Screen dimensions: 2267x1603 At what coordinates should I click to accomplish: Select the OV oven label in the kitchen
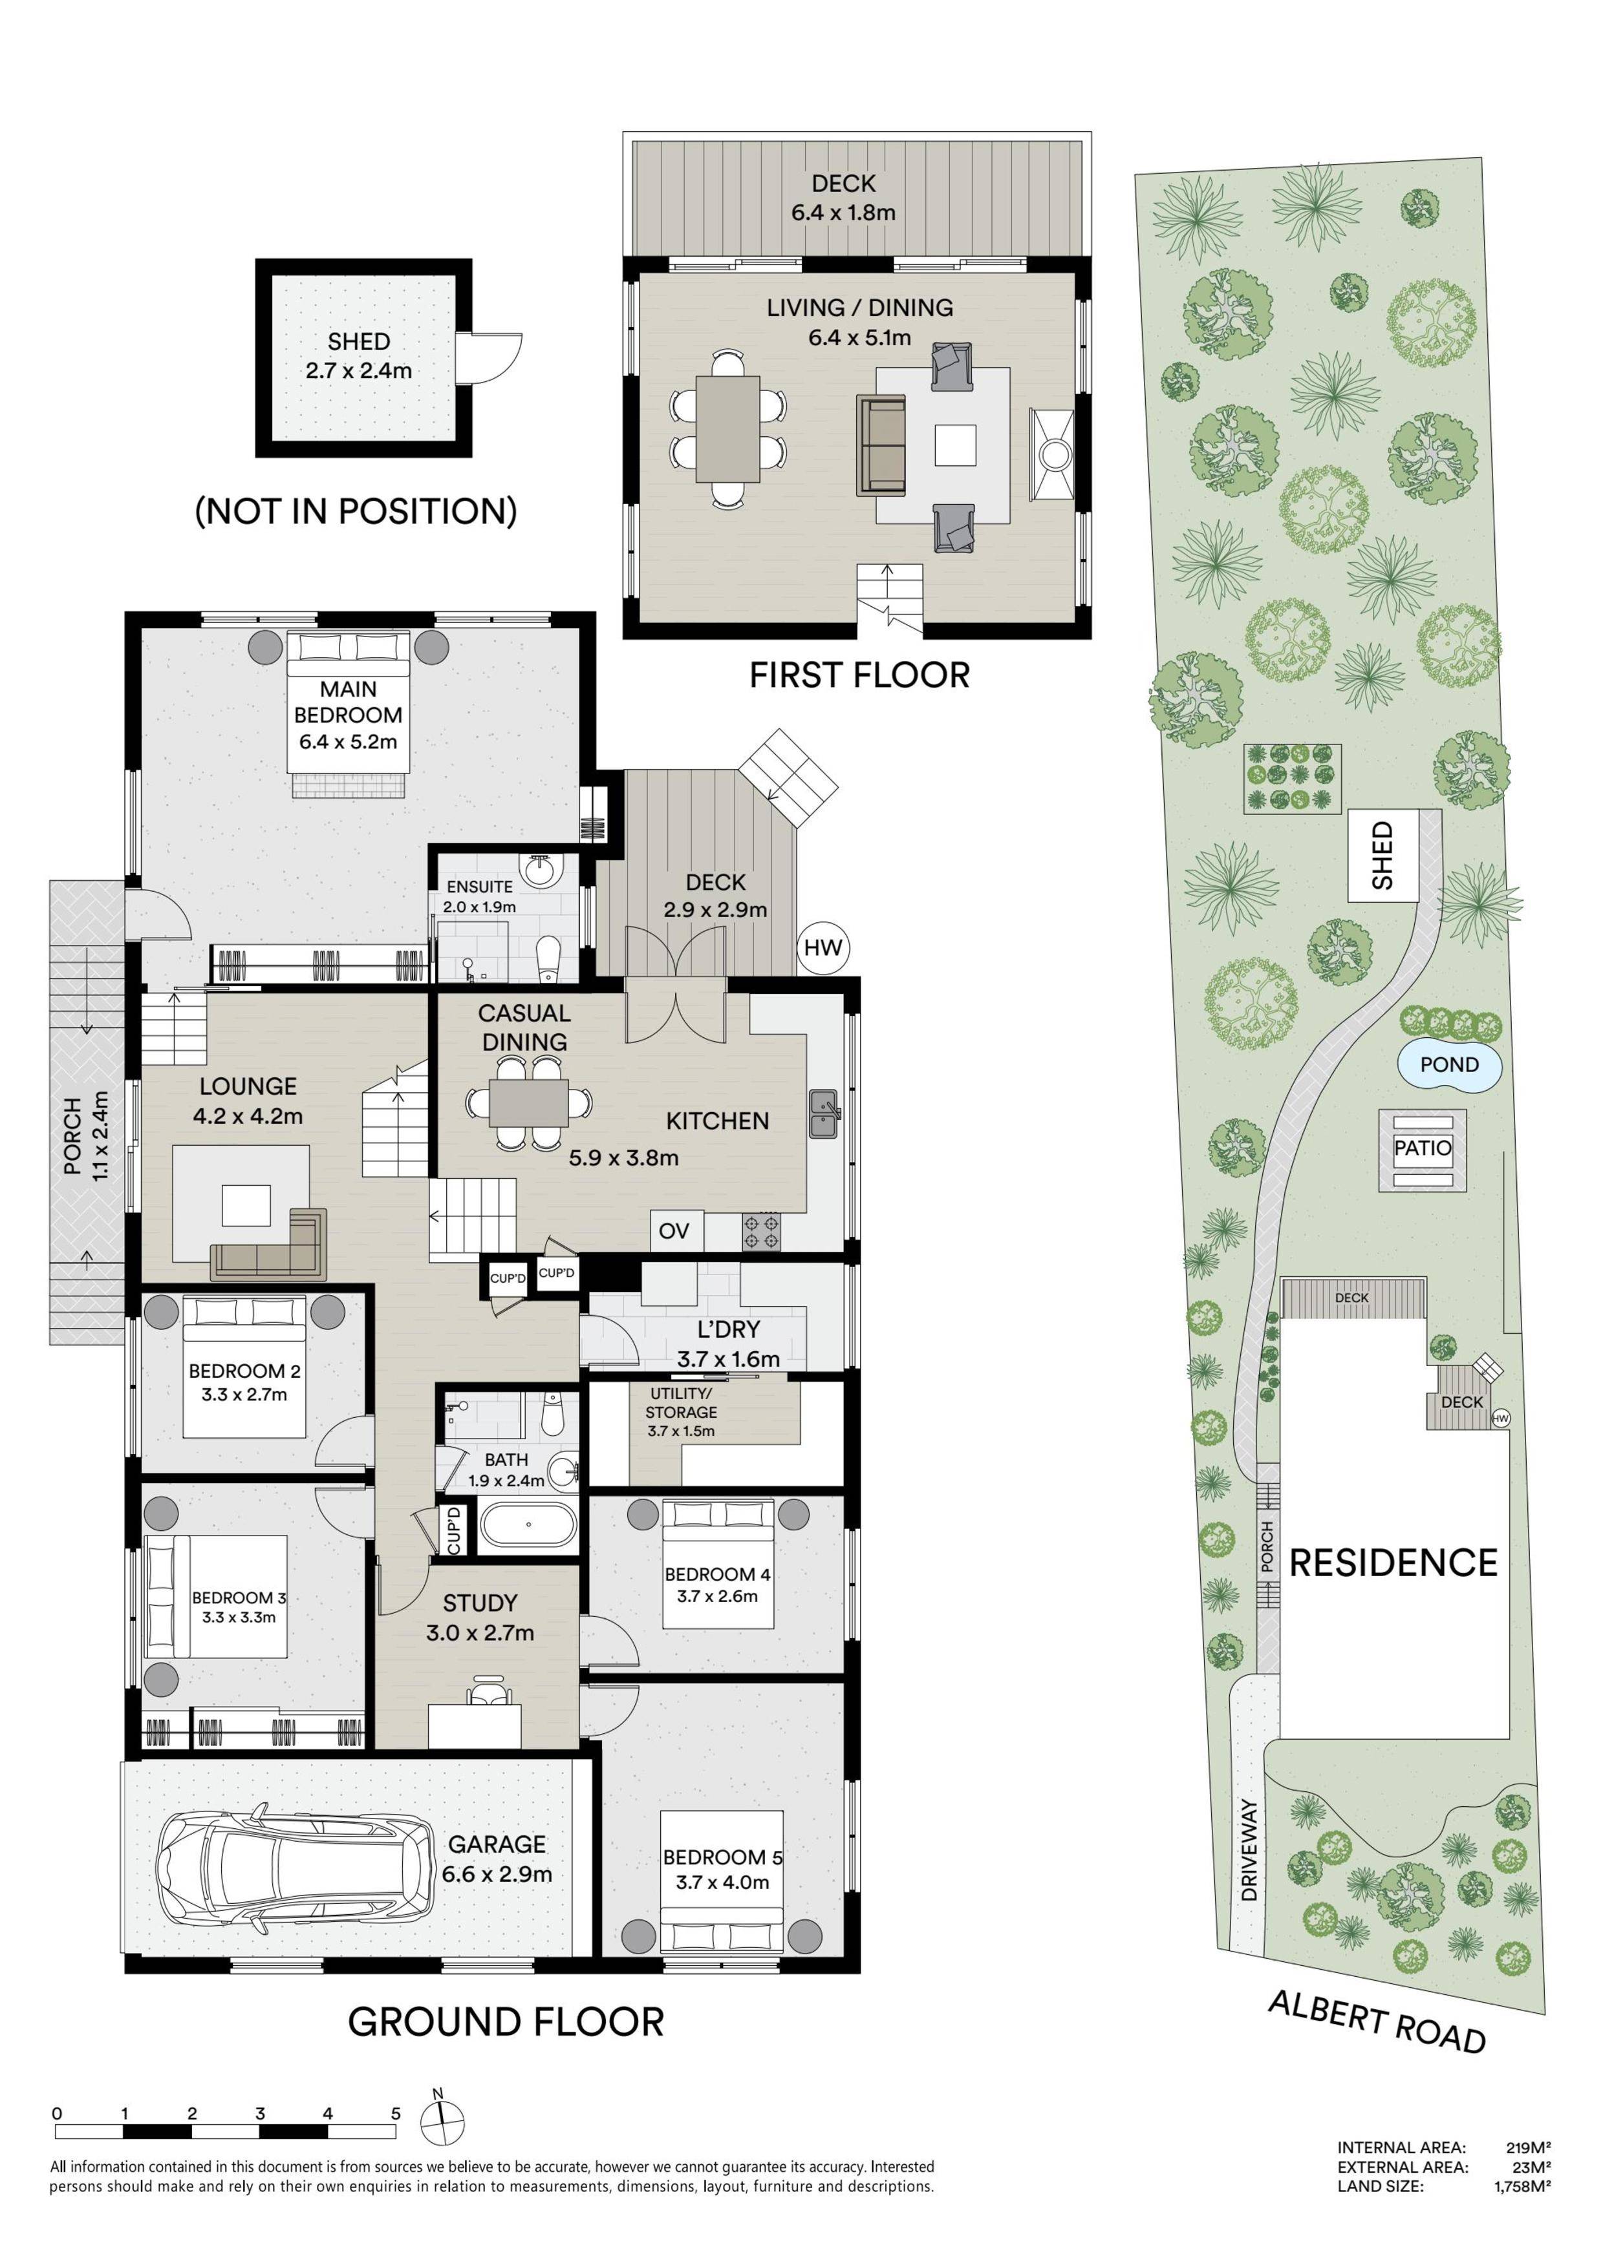(674, 1230)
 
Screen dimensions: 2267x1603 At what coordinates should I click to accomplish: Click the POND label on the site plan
(1449, 1064)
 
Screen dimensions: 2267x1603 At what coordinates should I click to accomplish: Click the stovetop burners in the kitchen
(762, 1231)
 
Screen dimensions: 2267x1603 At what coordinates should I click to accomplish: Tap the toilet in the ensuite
(547, 958)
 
